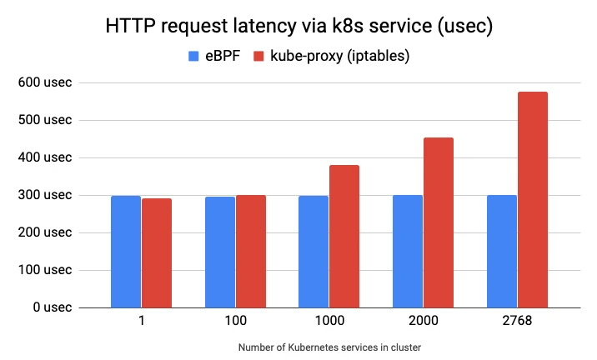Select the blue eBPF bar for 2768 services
point(501,251)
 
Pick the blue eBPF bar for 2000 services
point(407,251)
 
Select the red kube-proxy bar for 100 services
point(250,251)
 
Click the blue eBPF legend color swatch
point(193,57)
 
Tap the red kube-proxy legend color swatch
point(258,57)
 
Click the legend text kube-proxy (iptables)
point(334,57)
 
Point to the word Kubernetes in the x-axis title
point(314,347)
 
